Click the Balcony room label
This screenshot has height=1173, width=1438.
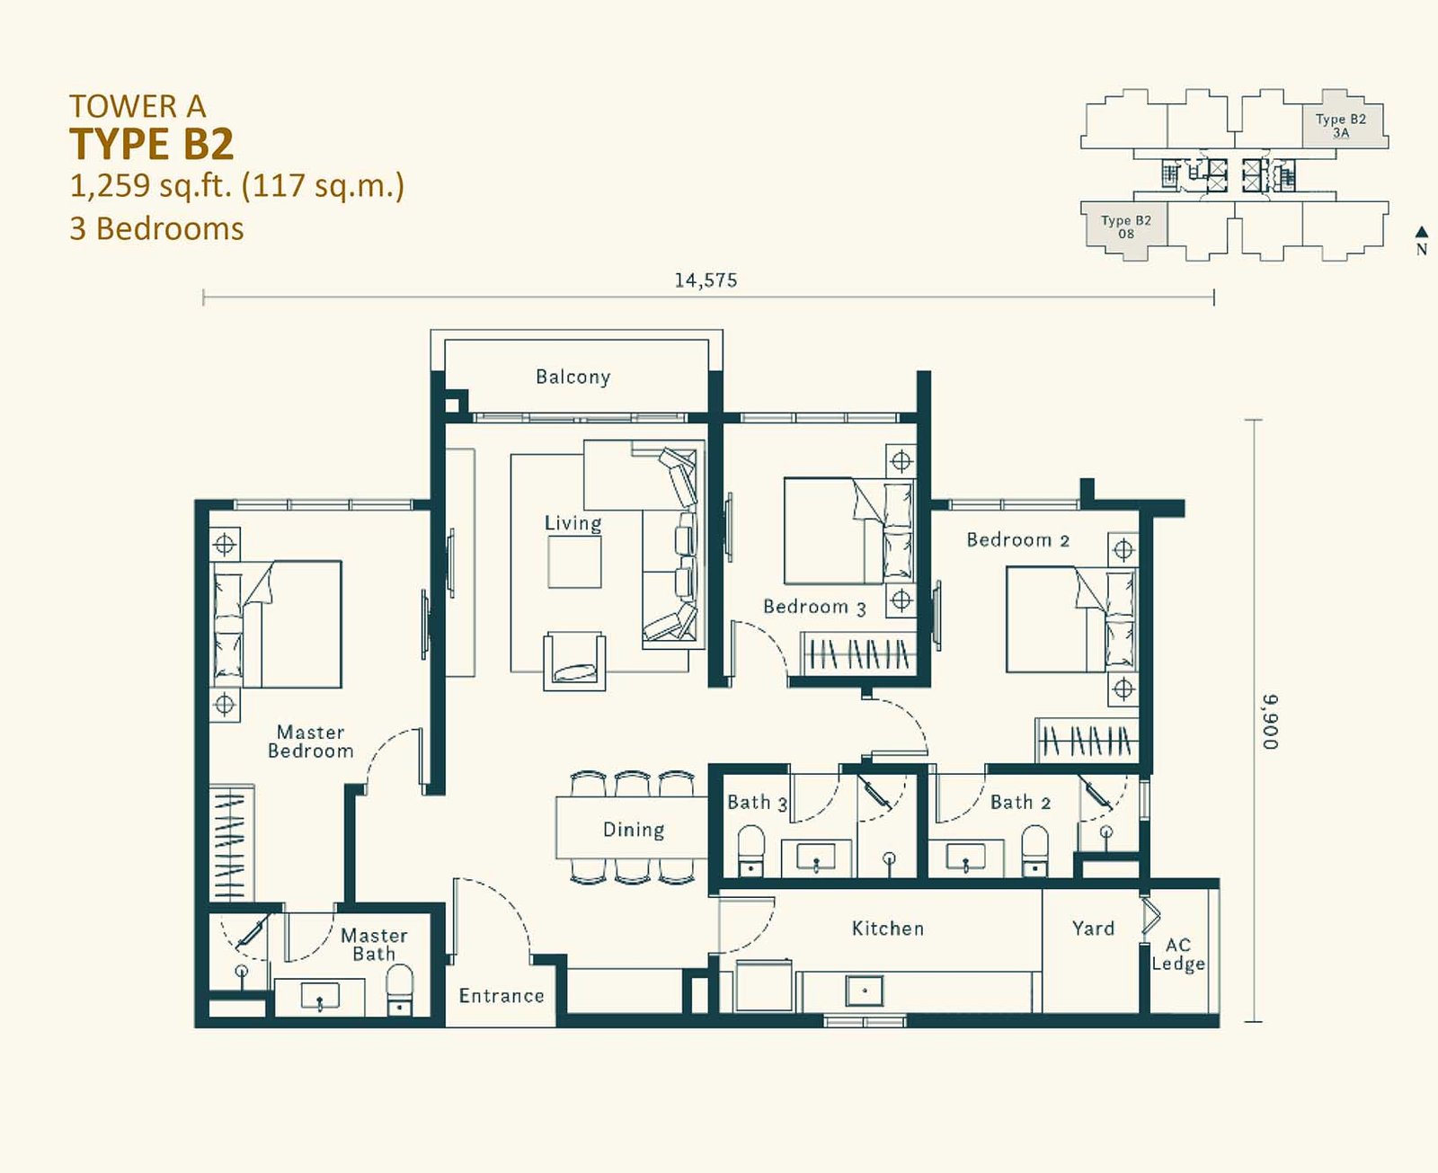click(573, 378)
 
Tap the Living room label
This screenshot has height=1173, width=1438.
click(573, 523)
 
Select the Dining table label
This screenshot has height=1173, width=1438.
click(634, 830)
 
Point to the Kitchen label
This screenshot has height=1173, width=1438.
click(888, 929)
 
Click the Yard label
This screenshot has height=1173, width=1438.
click(1093, 929)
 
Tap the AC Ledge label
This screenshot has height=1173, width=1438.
click(1178, 954)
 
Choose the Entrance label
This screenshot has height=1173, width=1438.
click(502, 996)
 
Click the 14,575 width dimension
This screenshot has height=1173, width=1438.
click(706, 280)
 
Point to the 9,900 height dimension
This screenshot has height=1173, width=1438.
click(1270, 722)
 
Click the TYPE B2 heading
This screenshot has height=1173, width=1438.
click(151, 144)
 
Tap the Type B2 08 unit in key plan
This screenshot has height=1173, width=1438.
click(1126, 227)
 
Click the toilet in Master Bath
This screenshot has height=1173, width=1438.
click(400, 990)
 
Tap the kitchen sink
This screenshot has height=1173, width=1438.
click(865, 991)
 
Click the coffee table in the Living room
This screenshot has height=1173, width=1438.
click(574, 562)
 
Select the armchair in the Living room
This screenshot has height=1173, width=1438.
click(574, 661)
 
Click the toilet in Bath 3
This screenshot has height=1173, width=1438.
click(751, 851)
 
